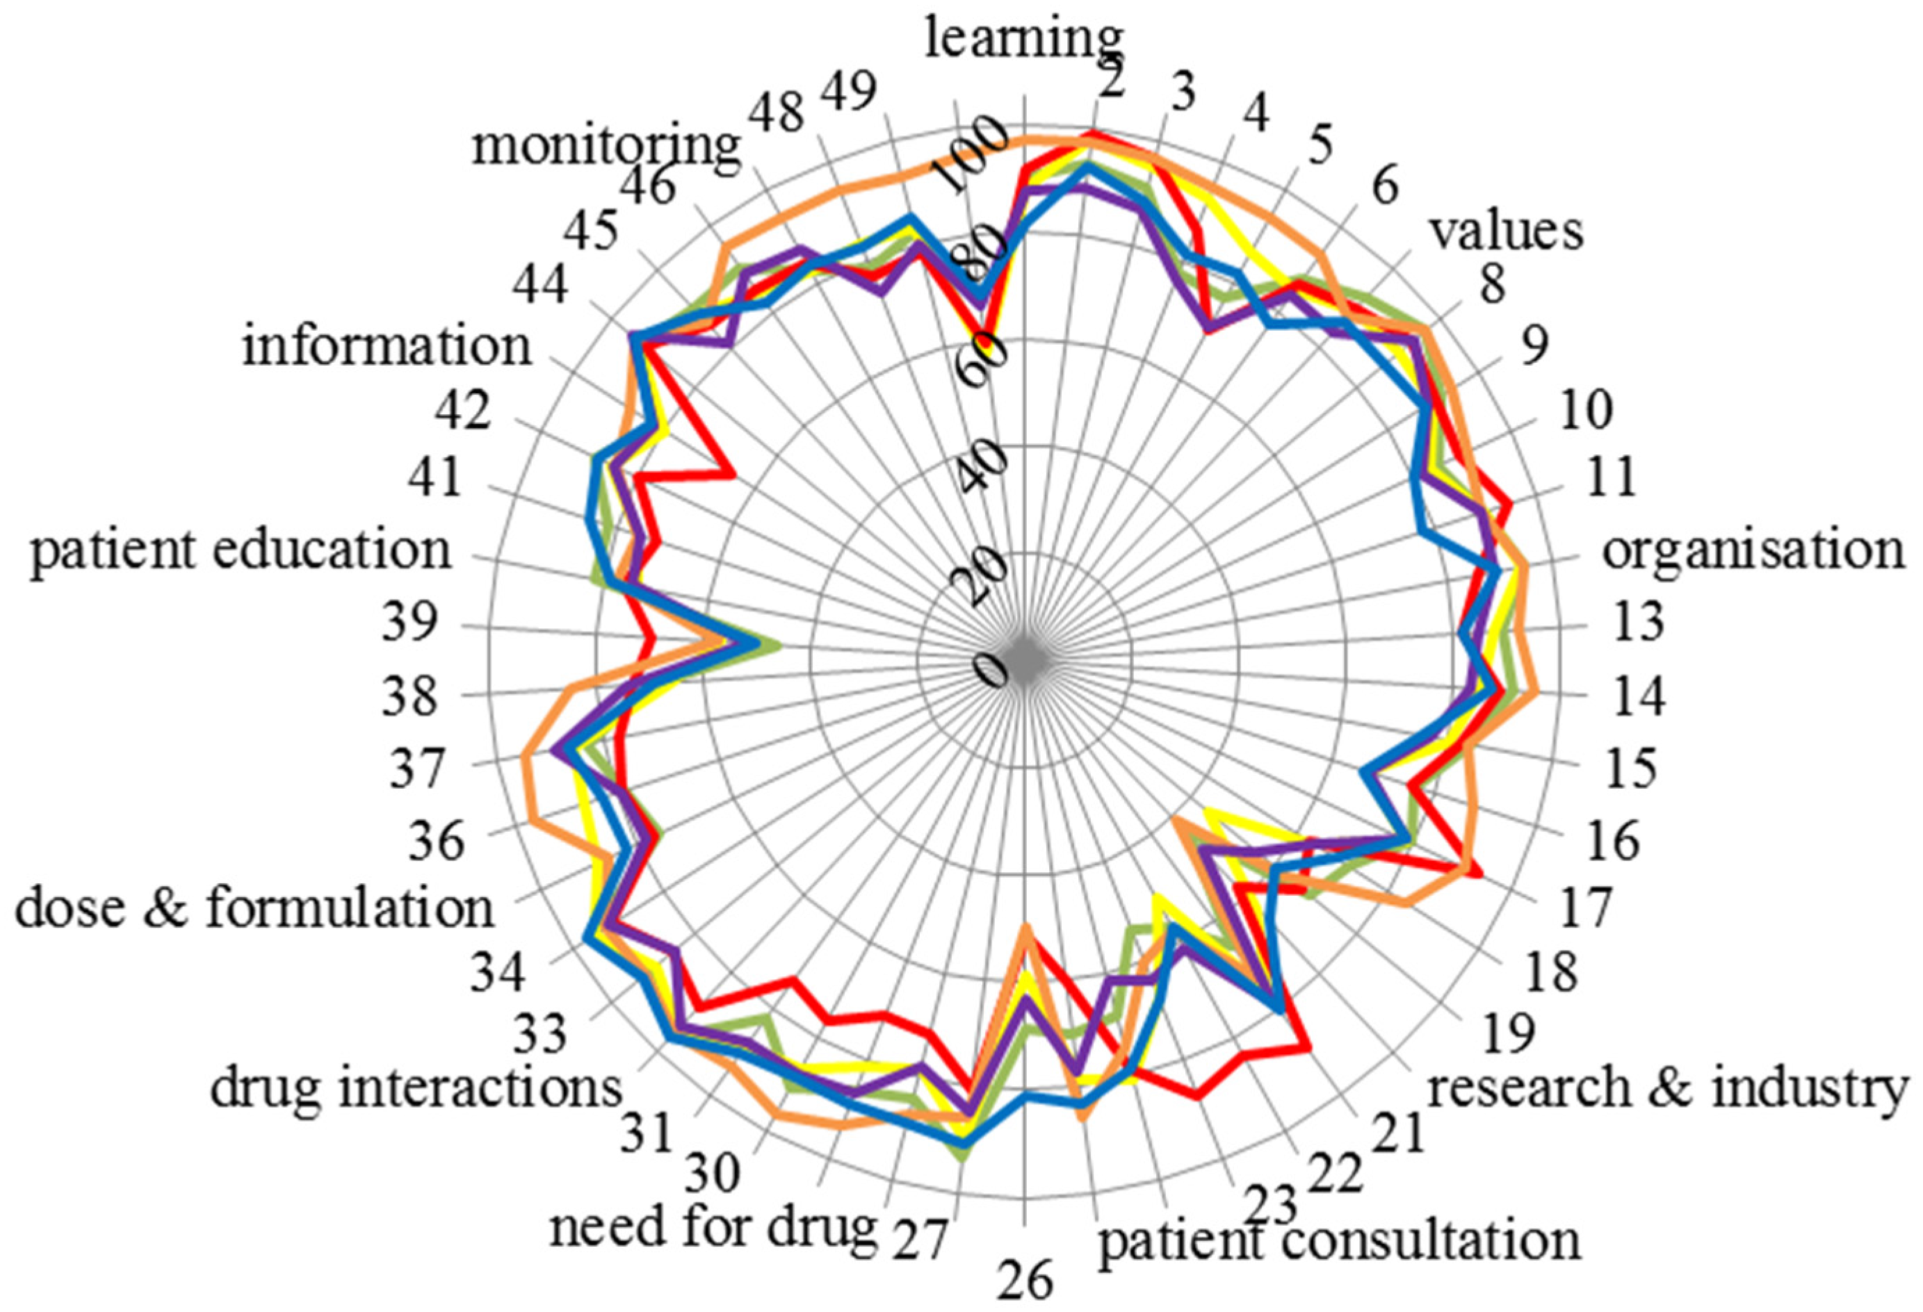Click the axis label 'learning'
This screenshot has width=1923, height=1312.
pyautogui.click(x=1023, y=40)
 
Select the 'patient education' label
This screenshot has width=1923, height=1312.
pyautogui.click(x=241, y=550)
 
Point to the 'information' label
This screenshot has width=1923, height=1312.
pyautogui.click(x=387, y=346)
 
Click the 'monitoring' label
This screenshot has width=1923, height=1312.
pyautogui.click(x=606, y=147)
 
